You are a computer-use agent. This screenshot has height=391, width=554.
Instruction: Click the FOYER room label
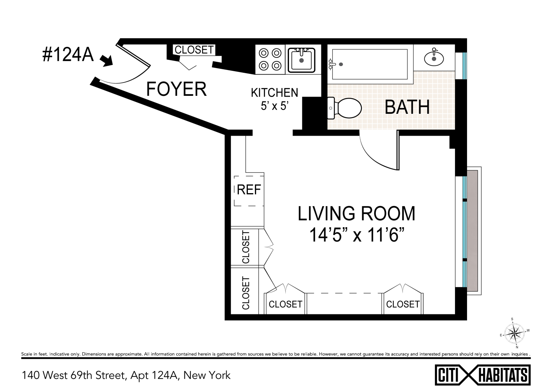[x=176, y=89]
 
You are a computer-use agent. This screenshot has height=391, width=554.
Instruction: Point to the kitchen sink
[x=301, y=60]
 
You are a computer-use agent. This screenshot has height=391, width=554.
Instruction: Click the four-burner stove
[x=271, y=59]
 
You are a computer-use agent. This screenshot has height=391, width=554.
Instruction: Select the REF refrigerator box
[x=249, y=190]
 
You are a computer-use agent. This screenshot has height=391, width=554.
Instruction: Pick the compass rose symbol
[x=514, y=334]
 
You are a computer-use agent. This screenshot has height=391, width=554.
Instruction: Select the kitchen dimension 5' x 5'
[x=274, y=106]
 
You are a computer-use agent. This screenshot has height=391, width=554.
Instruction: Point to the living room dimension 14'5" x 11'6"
[x=357, y=235]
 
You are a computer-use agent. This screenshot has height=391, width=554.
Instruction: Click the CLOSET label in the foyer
[x=194, y=50]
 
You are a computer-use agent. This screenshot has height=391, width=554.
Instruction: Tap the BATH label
[x=407, y=107]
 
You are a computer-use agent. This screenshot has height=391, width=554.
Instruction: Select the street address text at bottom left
[x=126, y=375]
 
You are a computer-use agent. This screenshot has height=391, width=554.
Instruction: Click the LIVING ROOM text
[x=357, y=213]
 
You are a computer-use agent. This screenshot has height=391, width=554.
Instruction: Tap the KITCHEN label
[x=274, y=93]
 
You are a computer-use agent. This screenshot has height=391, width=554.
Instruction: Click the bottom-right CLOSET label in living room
[x=402, y=304]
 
